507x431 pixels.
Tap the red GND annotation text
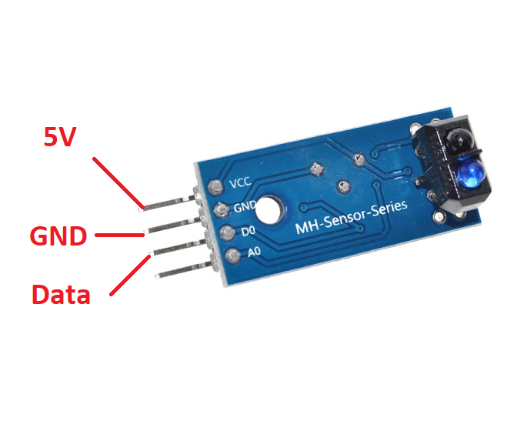tap(58, 236)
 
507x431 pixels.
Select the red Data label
tap(61, 294)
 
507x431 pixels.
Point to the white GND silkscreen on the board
tap(245, 207)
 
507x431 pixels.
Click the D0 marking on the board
tap(248, 231)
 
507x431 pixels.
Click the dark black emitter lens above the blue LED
tap(459, 139)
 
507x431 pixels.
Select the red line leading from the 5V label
tap(117, 183)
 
